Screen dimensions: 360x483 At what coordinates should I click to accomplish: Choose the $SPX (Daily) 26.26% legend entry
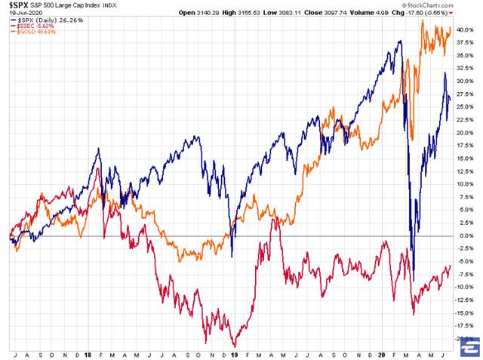pos(38,20)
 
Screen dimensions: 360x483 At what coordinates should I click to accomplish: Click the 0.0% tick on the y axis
pos(466,235)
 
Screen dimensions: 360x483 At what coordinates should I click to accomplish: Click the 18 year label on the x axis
pos(89,352)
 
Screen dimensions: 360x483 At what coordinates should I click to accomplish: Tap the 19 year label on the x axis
pos(235,352)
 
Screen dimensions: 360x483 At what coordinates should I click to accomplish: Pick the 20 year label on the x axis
pos(382,352)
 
